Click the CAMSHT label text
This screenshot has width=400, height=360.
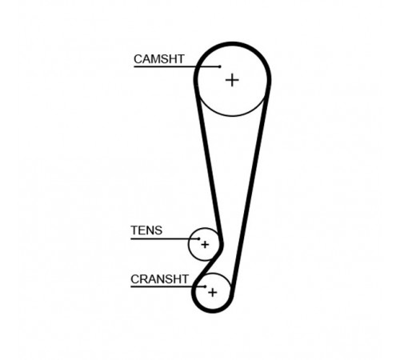159,59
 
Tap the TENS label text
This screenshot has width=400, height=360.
146,230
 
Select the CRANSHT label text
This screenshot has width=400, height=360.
159,279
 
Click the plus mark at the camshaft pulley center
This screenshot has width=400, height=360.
232,80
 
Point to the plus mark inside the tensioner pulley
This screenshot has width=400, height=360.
205,245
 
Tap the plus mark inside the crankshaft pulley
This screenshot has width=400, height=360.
213,293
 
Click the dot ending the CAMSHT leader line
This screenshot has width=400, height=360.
220,66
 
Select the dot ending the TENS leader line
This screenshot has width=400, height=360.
198,238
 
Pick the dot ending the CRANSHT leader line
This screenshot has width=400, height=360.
206,286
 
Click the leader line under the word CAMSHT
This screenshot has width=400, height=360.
177,66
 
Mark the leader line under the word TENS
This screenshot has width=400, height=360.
165,238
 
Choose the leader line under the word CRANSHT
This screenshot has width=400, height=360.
168,286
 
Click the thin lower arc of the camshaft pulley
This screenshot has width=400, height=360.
232,116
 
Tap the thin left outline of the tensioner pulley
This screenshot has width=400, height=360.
189,244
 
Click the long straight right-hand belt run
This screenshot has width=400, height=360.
250,186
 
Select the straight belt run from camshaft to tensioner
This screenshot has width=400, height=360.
209,160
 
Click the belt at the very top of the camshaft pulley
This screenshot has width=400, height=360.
233,44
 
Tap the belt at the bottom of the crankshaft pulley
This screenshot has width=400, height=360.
213,310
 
